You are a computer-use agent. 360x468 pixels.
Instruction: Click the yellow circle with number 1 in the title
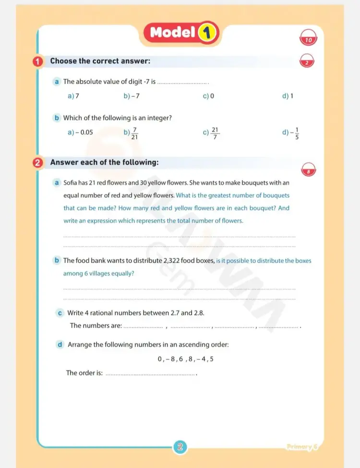click(x=206, y=33)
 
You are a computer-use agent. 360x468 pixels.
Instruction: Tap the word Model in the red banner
click(x=172, y=33)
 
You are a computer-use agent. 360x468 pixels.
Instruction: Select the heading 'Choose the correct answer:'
click(x=100, y=61)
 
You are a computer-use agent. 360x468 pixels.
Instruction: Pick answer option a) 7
click(x=73, y=96)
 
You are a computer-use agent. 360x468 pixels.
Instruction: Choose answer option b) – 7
click(x=132, y=96)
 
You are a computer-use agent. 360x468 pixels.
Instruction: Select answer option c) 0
click(x=208, y=96)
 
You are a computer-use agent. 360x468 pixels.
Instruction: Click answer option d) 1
click(x=288, y=96)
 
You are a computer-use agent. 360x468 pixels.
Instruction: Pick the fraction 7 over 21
click(x=135, y=133)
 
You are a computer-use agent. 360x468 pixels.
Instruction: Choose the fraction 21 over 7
click(x=215, y=132)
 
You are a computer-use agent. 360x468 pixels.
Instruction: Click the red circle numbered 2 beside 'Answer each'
click(x=38, y=163)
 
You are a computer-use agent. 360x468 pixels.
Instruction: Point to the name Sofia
click(x=71, y=183)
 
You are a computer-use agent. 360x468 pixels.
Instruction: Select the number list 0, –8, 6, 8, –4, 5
click(x=185, y=359)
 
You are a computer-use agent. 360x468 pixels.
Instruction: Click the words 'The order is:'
click(x=84, y=373)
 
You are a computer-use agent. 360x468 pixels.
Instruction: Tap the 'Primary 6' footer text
click(x=302, y=447)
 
